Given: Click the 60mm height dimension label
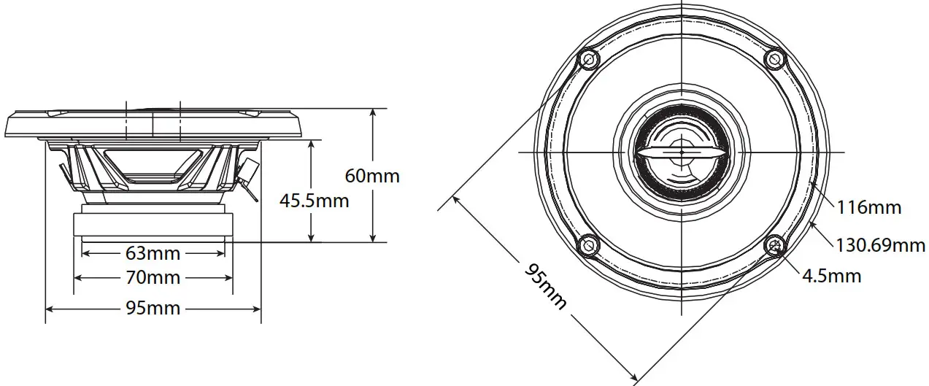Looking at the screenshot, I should [371, 176].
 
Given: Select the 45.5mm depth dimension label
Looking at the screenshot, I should [314, 200].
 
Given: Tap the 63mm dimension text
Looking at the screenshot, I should [153, 254].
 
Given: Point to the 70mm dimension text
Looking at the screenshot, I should [153, 278].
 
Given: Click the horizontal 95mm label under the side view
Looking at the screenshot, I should [153, 308].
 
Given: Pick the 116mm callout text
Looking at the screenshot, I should [868, 207].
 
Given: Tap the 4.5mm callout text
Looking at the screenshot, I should [831, 276].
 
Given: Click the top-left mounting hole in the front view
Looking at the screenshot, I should [588, 58].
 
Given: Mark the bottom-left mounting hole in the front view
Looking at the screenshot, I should [588, 245].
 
